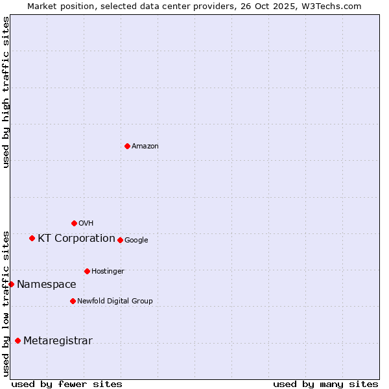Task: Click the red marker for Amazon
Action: (x=127, y=146)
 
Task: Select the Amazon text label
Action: (x=145, y=147)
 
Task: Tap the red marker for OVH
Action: (x=74, y=223)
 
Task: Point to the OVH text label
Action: (x=86, y=224)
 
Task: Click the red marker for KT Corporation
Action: (x=32, y=238)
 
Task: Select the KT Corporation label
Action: (x=77, y=238)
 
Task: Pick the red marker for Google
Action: (x=120, y=240)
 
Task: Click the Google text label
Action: (x=136, y=241)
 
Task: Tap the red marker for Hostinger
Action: (x=87, y=271)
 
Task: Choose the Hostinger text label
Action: (x=108, y=271)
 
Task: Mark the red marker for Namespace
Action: (x=11, y=284)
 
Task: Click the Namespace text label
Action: (x=47, y=284)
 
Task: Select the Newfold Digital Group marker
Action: (x=73, y=301)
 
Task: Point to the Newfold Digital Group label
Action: (x=115, y=301)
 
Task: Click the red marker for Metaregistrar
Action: (x=18, y=340)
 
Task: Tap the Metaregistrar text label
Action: (x=58, y=341)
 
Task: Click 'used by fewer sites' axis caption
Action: (x=67, y=384)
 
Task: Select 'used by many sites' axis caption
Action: (x=325, y=384)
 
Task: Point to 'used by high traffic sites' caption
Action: (x=6, y=92)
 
